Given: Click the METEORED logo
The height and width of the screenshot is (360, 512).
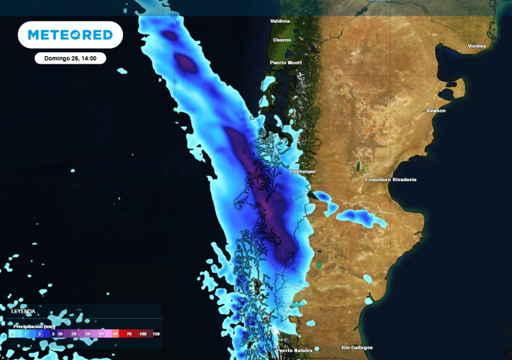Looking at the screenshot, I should pos(70,34).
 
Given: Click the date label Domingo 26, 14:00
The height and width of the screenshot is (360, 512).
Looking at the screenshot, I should pos(70,58).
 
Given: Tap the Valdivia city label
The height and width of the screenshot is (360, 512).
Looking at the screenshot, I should pos(280,21).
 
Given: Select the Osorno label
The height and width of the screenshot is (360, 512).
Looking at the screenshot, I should pos(282,39).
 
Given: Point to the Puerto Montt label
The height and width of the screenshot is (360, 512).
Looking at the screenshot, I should pos(285,62).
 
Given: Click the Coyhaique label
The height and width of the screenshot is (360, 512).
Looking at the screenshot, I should pos(302,171).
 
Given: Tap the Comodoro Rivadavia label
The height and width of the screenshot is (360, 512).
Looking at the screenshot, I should pos(390,179).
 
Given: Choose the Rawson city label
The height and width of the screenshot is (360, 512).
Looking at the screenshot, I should pos(435,110).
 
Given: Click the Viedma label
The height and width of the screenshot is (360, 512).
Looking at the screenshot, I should pos(476,46).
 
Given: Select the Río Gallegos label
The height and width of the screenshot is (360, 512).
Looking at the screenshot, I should pos(357,347).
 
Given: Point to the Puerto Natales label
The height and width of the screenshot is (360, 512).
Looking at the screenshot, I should pos(294,350).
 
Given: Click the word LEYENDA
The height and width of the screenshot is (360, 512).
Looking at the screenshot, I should pos(23,311).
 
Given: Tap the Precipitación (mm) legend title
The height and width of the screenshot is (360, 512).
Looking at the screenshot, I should pos(34,326).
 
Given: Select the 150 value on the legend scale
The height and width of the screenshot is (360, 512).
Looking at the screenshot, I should pos(156,333).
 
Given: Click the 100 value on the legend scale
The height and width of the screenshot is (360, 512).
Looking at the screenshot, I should pos(143,333).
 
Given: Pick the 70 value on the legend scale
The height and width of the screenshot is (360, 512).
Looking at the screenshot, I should pos(129,333).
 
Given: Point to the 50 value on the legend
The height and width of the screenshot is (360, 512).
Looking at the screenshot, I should pos(115,333).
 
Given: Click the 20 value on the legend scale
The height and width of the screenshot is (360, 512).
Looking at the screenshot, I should pos(74,333).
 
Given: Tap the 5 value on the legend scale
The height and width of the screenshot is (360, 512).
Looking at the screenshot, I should pos(53,333).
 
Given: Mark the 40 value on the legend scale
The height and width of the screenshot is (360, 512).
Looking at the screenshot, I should pos(101,333).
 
